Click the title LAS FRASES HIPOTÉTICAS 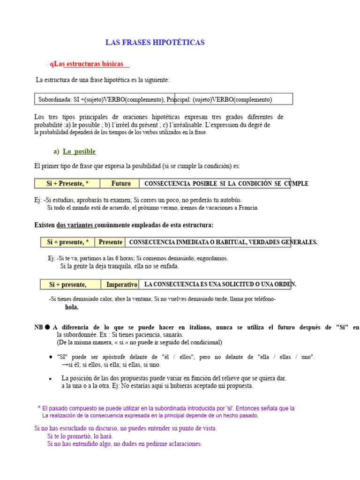(x=155, y=43)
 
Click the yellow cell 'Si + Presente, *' (x=68, y=183)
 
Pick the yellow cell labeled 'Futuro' (x=121, y=183)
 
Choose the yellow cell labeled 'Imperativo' (x=121, y=285)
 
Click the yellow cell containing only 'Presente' (x=111, y=242)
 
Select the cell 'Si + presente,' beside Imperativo (x=68, y=285)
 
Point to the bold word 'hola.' (x=72, y=307)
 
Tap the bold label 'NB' (x=38, y=327)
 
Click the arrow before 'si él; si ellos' (x=64, y=365)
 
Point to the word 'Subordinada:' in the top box (x=55, y=99)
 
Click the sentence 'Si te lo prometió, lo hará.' (x=80, y=436)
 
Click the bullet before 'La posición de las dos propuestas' (x=50, y=378)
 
